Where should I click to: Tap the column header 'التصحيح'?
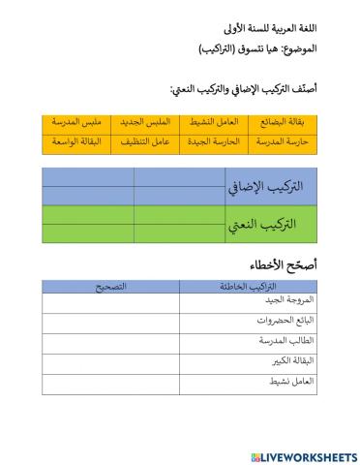[x=110, y=287]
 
